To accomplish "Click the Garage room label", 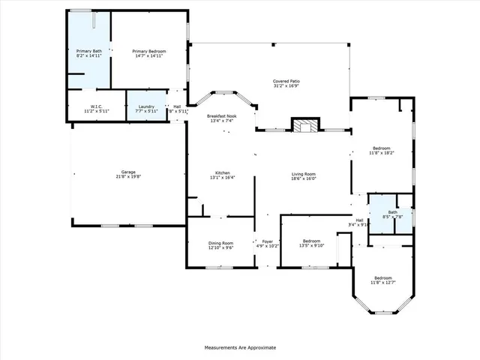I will [x=128, y=172].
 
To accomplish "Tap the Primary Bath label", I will [x=88, y=51].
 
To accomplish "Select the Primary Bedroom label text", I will [x=149, y=51].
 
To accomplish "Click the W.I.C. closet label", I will [x=97, y=106].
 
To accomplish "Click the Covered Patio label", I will [x=286, y=81].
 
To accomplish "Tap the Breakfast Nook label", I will [x=223, y=117].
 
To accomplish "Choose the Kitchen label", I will [x=223, y=172].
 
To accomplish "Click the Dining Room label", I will [x=220, y=242].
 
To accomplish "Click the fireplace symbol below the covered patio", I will [x=304, y=126].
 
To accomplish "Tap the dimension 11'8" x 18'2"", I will [x=382, y=153].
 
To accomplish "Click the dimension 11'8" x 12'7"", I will [x=383, y=282].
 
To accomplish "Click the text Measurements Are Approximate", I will [x=240, y=347].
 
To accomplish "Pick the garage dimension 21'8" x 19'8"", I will [x=128, y=177].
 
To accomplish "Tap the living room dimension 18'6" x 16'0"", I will [x=304, y=178].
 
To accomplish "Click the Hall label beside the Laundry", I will [x=177, y=106].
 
